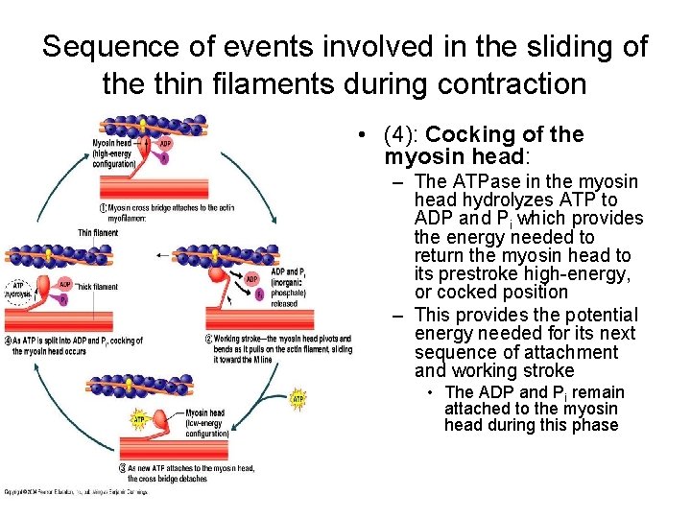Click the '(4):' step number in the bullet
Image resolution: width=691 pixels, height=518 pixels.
point(401,135)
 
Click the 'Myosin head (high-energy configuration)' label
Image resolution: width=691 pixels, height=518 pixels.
point(113,153)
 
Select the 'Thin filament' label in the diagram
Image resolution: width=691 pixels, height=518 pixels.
point(98,232)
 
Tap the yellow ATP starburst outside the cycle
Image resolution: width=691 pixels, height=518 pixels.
point(298,397)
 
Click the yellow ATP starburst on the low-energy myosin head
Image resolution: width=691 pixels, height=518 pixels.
point(139,419)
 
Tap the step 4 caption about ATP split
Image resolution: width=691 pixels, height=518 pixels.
point(77,345)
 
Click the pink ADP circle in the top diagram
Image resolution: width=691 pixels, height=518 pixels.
point(165,144)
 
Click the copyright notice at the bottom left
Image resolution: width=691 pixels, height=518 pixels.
point(77,491)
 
